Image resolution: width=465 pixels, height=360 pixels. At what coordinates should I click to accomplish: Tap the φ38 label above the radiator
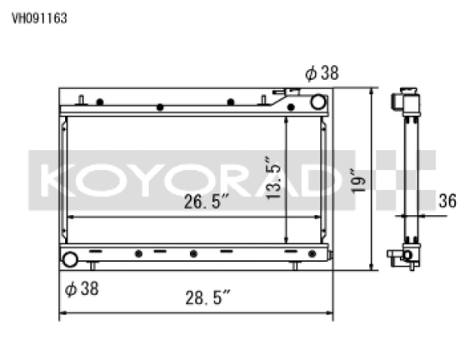point(322,73)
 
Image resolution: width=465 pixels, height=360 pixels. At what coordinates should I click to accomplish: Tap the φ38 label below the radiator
point(82,289)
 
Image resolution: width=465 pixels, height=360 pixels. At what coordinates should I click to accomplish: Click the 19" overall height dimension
point(356,178)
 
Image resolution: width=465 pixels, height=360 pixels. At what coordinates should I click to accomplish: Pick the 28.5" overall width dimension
point(205,297)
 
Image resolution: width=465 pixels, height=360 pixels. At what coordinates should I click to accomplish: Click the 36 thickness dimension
point(447,199)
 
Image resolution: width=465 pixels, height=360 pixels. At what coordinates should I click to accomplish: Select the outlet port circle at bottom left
point(70,258)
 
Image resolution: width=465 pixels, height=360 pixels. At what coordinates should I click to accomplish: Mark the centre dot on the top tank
point(159,107)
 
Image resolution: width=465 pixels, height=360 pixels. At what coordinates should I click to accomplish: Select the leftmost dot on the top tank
point(99,102)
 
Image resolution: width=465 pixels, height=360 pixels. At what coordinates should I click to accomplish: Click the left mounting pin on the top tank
point(81,101)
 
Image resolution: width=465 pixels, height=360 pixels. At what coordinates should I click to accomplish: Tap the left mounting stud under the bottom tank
point(93,266)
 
